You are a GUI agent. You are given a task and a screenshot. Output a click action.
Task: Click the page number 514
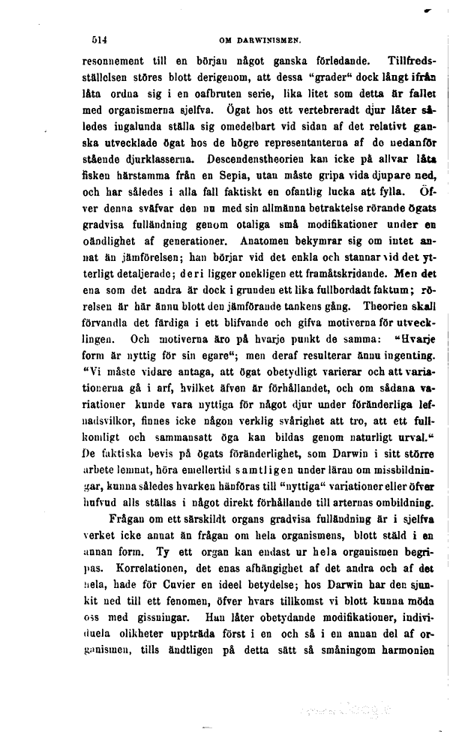coord(99,41)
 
